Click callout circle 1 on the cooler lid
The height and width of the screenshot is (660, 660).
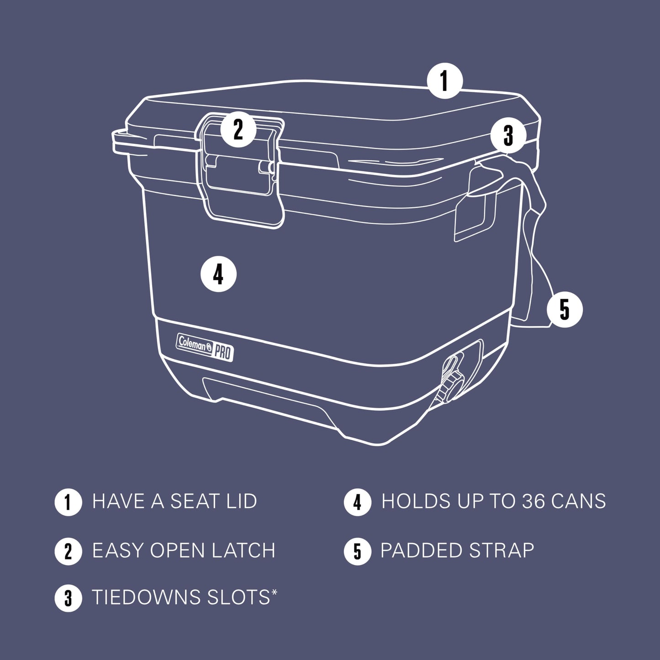444,81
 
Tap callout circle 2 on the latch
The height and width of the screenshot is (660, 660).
238,130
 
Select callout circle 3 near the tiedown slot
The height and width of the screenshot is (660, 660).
508,136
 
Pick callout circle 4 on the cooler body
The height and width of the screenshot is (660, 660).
218,275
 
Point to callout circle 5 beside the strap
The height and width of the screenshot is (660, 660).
565,310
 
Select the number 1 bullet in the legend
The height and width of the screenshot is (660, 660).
68,502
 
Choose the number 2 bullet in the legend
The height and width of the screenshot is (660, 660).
68,551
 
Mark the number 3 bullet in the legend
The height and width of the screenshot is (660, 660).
68,598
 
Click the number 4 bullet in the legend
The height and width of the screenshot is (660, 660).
357,502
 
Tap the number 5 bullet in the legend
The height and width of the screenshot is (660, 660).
357,551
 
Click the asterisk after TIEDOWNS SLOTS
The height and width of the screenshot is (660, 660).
274,592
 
